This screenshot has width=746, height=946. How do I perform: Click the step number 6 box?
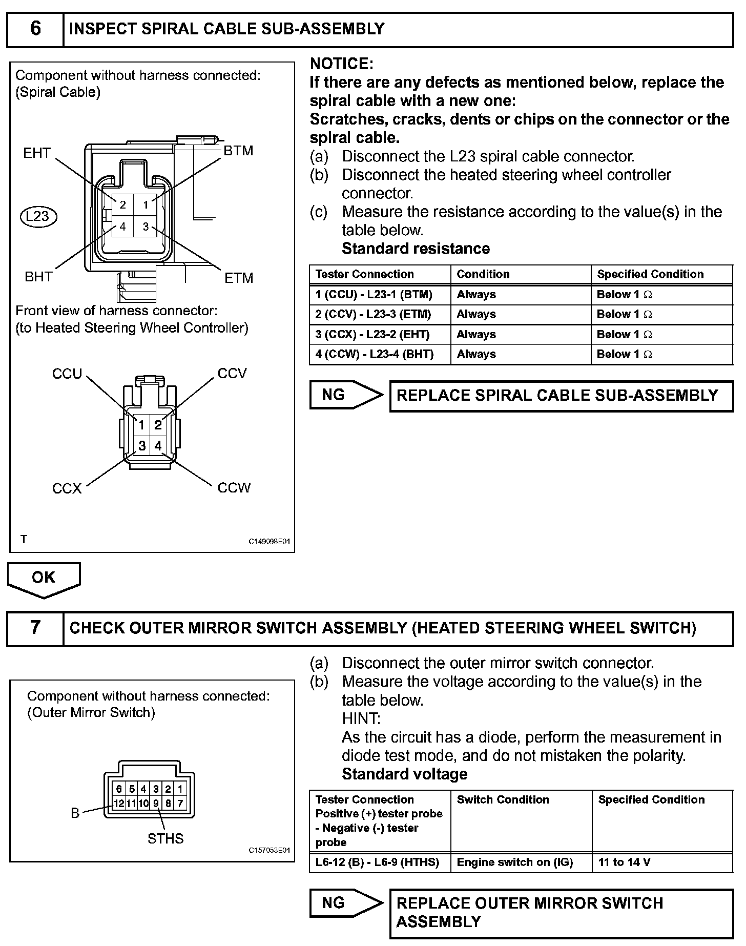click(35, 29)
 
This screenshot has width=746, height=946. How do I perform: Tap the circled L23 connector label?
click(38, 216)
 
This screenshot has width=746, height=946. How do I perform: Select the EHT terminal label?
click(37, 153)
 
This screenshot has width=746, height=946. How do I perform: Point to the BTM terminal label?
click(238, 151)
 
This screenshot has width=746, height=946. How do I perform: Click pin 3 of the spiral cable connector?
click(146, 227)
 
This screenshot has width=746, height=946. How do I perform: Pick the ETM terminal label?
click(239, 278)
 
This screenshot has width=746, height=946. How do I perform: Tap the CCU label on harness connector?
click(67, 374)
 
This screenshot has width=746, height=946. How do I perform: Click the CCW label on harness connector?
click(234, 487)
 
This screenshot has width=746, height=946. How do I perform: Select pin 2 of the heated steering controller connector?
click(158, 425)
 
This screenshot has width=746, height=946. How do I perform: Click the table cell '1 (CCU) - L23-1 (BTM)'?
click(374, 295)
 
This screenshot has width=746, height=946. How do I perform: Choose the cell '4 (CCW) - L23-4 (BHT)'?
click(375, 354)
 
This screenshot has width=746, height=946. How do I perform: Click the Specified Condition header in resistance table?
click(650, 274)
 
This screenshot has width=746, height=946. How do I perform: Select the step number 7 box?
click(35, 628)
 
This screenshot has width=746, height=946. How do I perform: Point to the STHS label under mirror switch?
click(165, 839)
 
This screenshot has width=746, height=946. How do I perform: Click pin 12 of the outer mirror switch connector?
click(118, 804)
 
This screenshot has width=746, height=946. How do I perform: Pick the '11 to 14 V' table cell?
click(624, 862)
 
